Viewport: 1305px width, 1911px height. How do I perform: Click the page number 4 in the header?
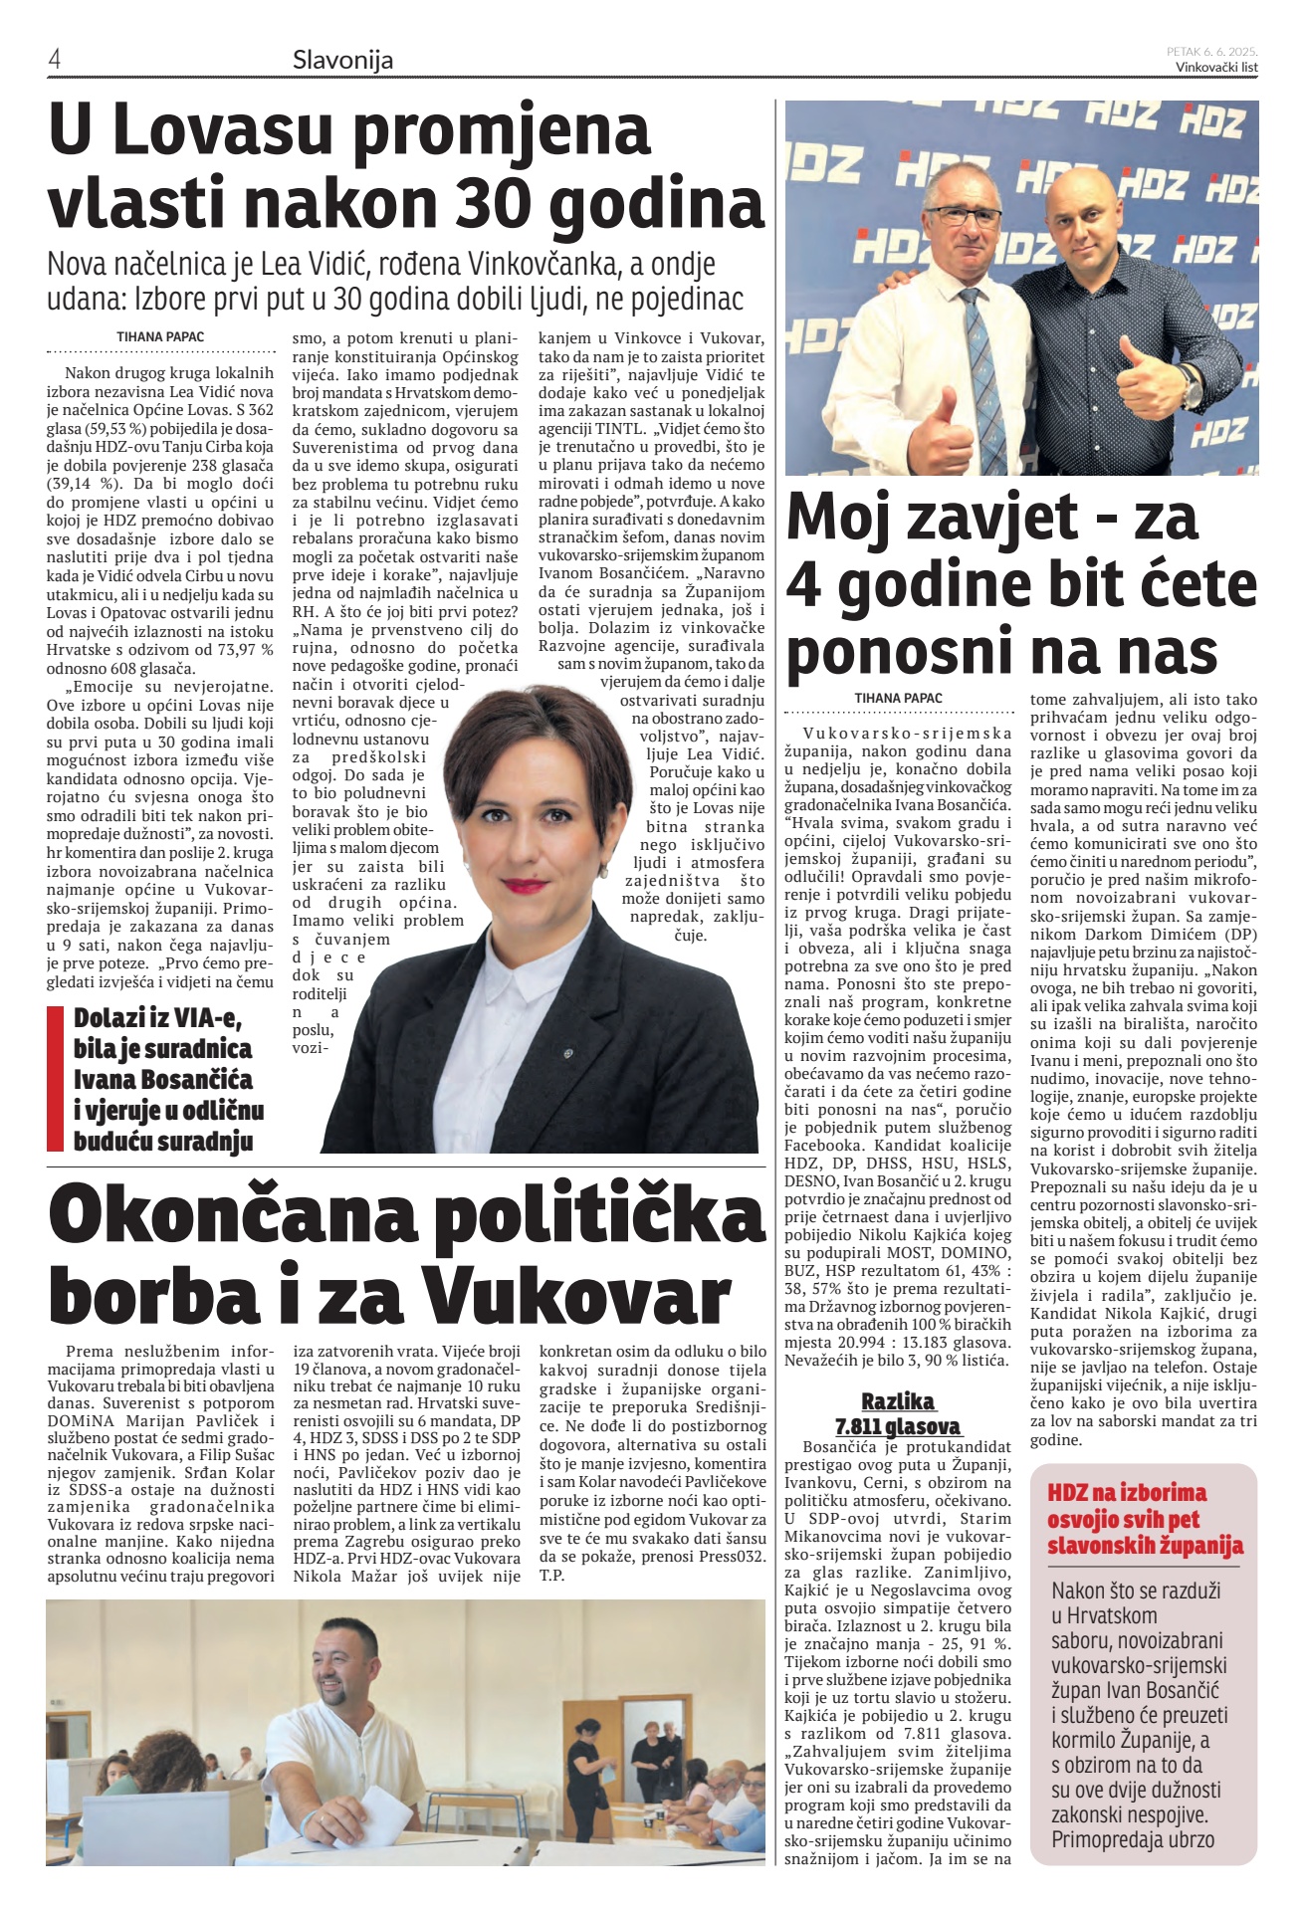[55, 60]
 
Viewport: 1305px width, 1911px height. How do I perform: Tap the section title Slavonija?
[342, 60]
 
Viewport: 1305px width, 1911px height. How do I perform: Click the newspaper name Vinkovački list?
[1215, 68]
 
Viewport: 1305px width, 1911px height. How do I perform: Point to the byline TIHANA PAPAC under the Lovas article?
[160, 337]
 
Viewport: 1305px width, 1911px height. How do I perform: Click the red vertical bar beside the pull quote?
[56, 1078]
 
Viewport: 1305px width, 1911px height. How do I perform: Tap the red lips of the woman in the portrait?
[526, 884]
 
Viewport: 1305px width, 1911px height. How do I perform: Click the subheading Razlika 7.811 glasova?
[898, 1413]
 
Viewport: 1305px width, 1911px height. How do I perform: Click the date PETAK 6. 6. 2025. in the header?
[1211, 51]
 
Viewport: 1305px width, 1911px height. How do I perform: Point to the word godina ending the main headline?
[656, 204]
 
